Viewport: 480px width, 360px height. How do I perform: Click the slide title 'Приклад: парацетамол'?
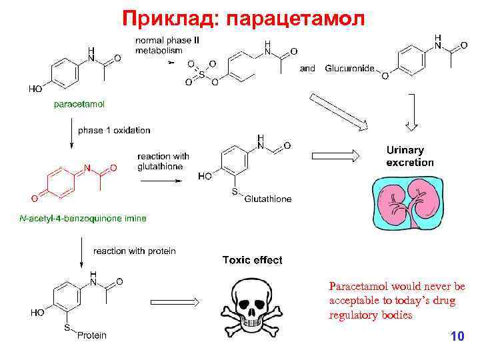coord(243,17)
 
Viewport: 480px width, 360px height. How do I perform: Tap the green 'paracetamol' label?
coord(79,103)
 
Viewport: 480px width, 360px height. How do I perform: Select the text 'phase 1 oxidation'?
coord(114,130)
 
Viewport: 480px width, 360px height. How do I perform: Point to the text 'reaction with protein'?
coord(135,251)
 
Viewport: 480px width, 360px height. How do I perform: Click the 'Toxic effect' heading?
coord(252,260)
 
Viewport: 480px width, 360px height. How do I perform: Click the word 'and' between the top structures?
coord(307,68)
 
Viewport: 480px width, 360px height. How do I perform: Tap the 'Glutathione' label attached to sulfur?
coord(268,199)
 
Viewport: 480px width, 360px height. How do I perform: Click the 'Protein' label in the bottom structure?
coord(91,335)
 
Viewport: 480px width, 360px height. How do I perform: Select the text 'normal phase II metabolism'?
coord(167,45)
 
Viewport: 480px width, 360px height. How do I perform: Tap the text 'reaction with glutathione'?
coord(163,161)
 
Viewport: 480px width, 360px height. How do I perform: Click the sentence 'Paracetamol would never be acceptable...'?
coord(397,301)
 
